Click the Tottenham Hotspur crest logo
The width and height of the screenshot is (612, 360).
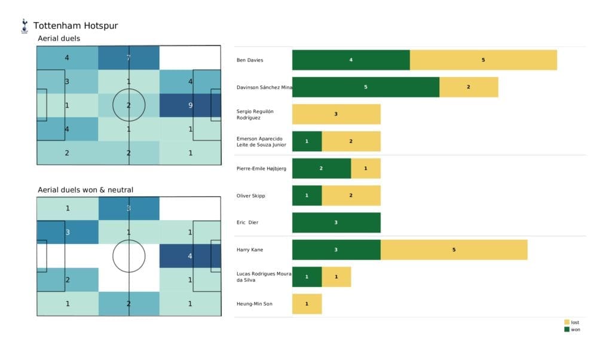(25, 26)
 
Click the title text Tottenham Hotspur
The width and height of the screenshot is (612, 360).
(75, 26)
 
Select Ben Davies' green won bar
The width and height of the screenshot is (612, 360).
(351, 60)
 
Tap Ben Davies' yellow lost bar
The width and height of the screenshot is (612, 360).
(483, 60)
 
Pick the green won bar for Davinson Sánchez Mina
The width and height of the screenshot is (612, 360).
(365, 87)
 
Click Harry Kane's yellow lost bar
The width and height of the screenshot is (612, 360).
(454, 250)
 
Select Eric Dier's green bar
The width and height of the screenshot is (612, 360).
(336, 222)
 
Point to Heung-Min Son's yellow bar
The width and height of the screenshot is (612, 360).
(307, 304)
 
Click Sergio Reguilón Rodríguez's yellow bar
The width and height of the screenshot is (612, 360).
(336, 114)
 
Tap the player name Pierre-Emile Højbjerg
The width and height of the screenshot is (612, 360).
(262, 169)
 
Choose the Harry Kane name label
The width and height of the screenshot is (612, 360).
(250, 250)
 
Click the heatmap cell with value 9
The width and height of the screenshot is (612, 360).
(189, 105)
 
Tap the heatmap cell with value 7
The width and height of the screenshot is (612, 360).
(128, 58)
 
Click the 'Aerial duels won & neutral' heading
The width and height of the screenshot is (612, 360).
(85, 190)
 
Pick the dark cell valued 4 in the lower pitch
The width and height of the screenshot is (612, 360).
(189, 256)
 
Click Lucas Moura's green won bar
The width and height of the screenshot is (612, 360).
(307, 277)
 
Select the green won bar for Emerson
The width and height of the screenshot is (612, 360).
(307, 141)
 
